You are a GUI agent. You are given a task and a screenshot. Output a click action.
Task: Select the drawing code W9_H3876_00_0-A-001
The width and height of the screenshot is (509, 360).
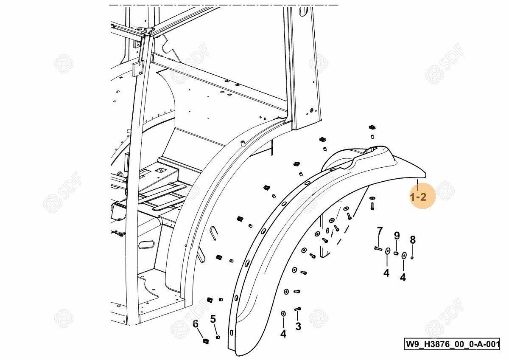tap(452, 343)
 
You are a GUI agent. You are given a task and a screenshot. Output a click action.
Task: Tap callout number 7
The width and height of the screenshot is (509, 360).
tap(380, 231)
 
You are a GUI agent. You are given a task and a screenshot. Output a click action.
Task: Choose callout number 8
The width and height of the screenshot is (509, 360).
tap(413, 240)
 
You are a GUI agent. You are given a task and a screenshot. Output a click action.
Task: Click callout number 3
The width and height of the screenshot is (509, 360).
tap(298, 326)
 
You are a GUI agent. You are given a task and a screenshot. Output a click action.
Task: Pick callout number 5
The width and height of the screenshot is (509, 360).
tap(213, 319)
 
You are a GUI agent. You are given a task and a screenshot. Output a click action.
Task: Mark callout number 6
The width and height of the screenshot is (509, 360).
tap(196, 323)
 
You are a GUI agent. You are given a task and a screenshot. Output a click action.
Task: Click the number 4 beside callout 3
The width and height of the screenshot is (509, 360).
tap(283, 334)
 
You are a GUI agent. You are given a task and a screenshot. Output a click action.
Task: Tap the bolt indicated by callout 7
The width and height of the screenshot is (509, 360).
tap(378, 248)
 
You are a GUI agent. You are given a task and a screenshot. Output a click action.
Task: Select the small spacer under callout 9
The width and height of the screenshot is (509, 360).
tap(396, 253)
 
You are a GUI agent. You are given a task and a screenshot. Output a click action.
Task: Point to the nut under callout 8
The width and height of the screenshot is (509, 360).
tap(412, 257)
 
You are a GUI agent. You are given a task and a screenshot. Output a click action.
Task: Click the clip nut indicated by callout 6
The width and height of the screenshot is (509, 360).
tap(206, 340)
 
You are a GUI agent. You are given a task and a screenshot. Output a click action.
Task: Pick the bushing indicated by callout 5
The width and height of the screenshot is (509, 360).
tap(218, 337)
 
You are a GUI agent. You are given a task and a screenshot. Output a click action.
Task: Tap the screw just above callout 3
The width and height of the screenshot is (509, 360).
tap(297, 309)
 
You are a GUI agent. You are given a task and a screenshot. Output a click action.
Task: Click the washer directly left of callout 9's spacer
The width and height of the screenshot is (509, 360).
tap(387, 251)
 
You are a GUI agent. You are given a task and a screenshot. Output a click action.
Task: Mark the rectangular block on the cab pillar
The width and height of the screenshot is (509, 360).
tap(138, 68)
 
